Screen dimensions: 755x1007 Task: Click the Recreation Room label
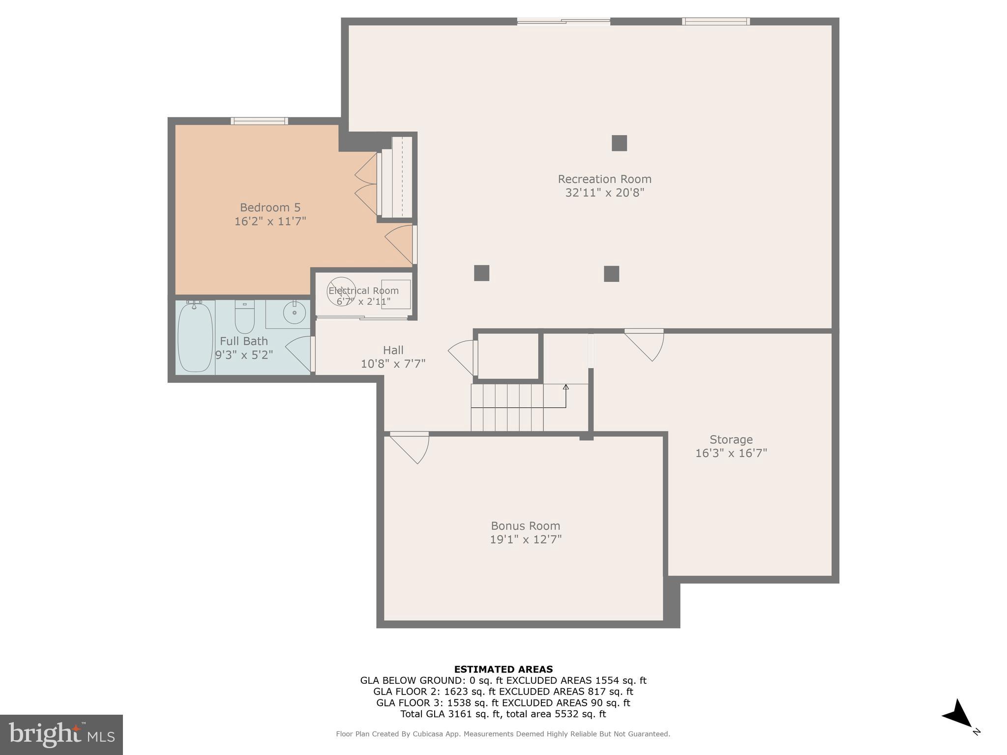coord(604,179)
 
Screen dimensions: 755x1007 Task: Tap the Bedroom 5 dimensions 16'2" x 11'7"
coord(270,221)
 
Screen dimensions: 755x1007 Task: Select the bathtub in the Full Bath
coord(195,338)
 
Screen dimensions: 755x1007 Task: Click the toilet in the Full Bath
coord(244,317)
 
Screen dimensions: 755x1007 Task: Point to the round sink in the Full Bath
coord(295,313)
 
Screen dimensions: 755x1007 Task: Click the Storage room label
coord(731,439)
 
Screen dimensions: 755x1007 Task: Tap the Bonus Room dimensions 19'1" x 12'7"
coord(525,539)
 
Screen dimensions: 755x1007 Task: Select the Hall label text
coord(393,350)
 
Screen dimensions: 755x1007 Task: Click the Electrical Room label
coord(363,290)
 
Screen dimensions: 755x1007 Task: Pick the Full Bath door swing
coord(300,352)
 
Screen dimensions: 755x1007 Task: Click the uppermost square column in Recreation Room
coord(619,143)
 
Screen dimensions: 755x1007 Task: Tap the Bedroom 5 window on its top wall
coord(259,121)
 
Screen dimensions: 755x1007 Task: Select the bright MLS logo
coord(61,734)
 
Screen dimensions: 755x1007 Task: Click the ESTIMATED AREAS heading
coord(503,669)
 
